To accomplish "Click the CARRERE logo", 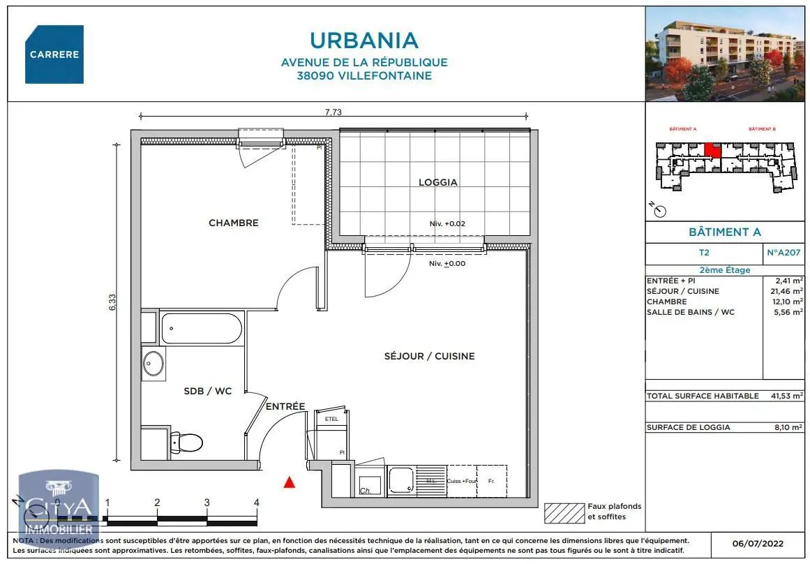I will [x=54, y=54].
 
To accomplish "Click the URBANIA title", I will [x=363, y=40].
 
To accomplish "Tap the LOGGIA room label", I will [x=438, y=182].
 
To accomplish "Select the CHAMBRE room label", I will [x=234, y=223].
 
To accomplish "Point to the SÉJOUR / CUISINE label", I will [x=429, y=356].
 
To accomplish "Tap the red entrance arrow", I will [x=290, y=481].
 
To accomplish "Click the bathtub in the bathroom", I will [x=202, y=327].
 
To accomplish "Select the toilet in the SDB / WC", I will [x=186, y=441].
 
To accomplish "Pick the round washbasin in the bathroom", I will [x=153, y=363].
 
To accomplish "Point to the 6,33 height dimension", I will [x=112, y=302].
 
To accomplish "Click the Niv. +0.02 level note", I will [x=447, y=224].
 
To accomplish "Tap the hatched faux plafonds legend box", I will [x=564, y=513].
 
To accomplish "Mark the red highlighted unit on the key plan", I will [x=712, y=149].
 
